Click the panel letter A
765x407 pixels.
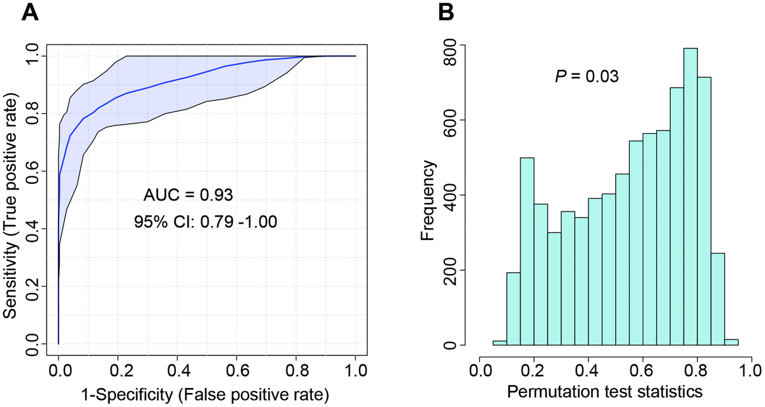pos(30,13)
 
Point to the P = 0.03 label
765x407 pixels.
pos(586,76)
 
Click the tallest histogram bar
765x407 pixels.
pos(690,197)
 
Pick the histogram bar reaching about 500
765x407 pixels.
pos(528,252)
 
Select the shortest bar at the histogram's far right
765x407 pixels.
pos(731,343)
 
